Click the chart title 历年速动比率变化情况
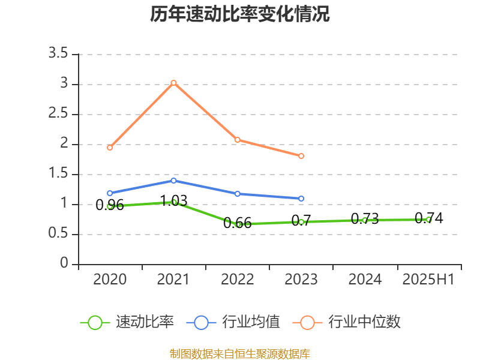click(240, 14)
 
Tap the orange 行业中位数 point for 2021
click(173, 83)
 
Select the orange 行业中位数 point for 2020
click(110, 148)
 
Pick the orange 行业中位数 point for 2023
click(301, 156)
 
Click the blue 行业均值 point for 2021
click(173, 181)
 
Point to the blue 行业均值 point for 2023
click(301, 198)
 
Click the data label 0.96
click(110, 205)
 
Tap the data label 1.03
click(173, 200)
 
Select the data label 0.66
click(237, 223)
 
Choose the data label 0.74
click(429, 218)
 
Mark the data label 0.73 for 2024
click(365, 219)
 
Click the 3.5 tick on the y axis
click(59, 54)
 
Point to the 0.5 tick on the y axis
click(59, 234)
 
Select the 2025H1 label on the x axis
click(428, 279)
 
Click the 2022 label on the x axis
click(237, 279)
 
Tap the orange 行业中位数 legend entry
click(346, 322)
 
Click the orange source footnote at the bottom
click(240, 354)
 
